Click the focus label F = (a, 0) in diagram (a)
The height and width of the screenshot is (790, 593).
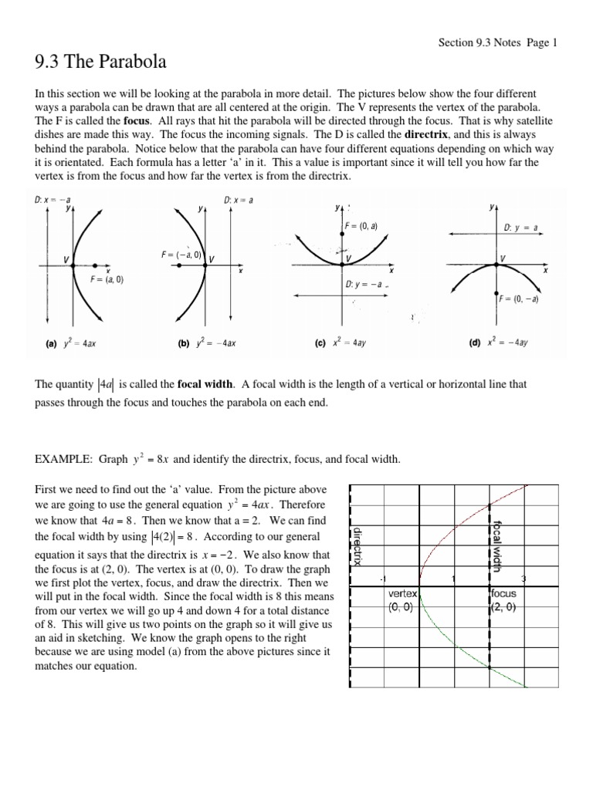[x=106, y=280]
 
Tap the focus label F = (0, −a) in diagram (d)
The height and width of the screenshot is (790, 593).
[x=518, y=299]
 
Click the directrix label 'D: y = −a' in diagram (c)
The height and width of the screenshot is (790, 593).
[x=364, y=284]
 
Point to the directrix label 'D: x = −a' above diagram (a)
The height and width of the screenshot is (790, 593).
[x=52, y=200]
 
